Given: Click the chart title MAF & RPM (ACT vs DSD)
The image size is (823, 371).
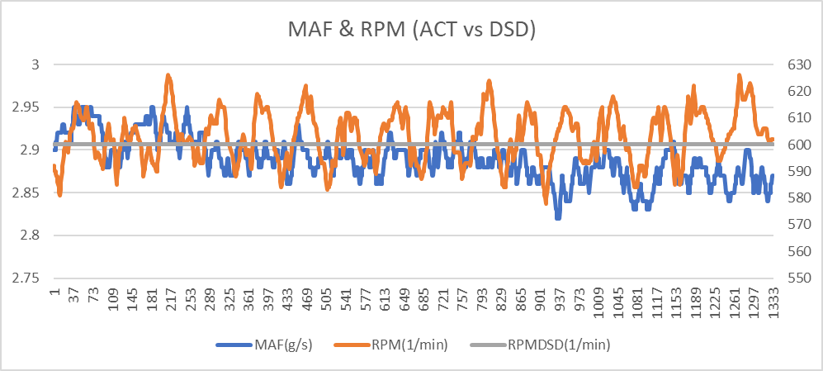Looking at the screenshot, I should [411, 31].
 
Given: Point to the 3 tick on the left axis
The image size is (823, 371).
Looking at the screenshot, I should [33, 64].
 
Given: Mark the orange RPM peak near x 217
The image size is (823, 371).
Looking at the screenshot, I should [168, 74].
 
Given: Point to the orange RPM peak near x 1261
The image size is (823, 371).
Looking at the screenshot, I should [739, 74].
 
